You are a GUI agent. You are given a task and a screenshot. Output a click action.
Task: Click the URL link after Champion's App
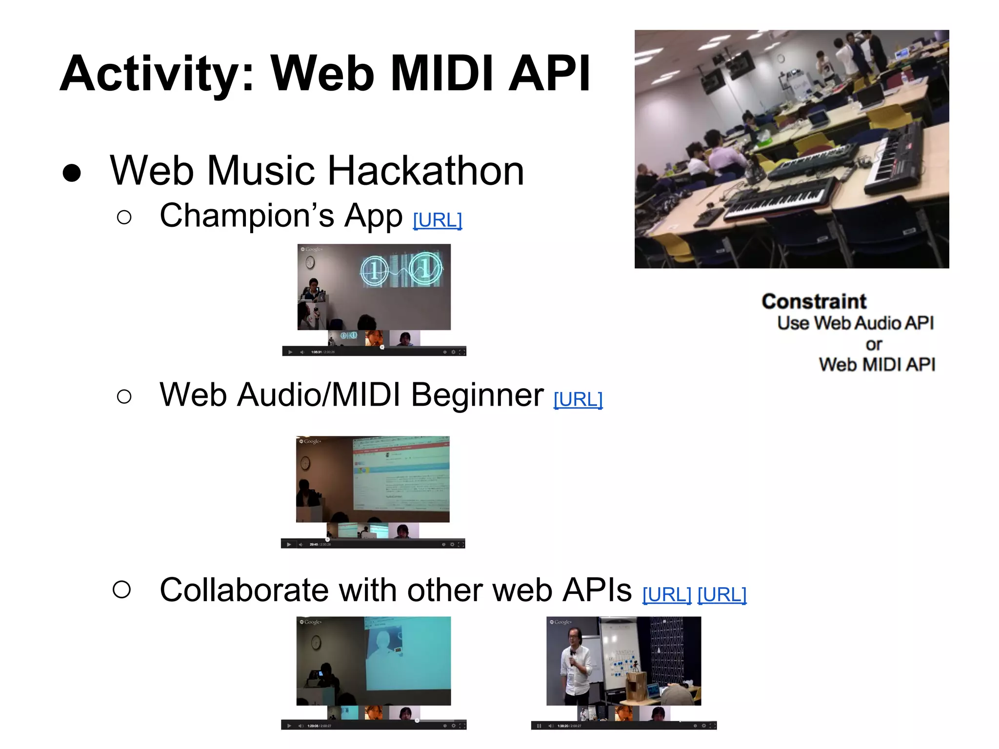pyautogui.click(x=437, y=220)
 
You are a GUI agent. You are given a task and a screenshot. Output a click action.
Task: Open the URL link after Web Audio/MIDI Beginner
pyautogui.click(x=578, y=399)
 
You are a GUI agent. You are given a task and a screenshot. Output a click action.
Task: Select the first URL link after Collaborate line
pyautogui.click(x=666, y=594)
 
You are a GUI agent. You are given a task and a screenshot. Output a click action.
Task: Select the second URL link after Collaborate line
pyautogui.click(x=721, y=594)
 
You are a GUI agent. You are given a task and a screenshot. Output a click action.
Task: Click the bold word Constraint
pyautogui.click(x=814, y=301)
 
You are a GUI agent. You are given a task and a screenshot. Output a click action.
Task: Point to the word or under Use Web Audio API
pyautogui.click(x=873, y=344)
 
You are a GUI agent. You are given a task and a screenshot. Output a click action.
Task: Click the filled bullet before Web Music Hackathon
pyautogui.click(x=72, y=173)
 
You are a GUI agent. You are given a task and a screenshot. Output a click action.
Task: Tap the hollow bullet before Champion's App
pyautogui.click(x=124, y=217)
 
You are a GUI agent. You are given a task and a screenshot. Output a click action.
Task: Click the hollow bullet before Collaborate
pyautogui.click(x=121, y=589)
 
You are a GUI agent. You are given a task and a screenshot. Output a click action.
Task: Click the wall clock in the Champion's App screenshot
pyautogui.click(x=310, y=263)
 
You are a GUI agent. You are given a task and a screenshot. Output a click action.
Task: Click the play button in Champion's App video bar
pyautogui.click(x=290, y=352)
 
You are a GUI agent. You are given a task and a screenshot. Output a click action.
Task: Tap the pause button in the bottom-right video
pyautogui.click(x=539, y=726)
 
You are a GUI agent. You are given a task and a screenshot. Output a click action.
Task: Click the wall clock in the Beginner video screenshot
pyautogui.click(x=305, y=462)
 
